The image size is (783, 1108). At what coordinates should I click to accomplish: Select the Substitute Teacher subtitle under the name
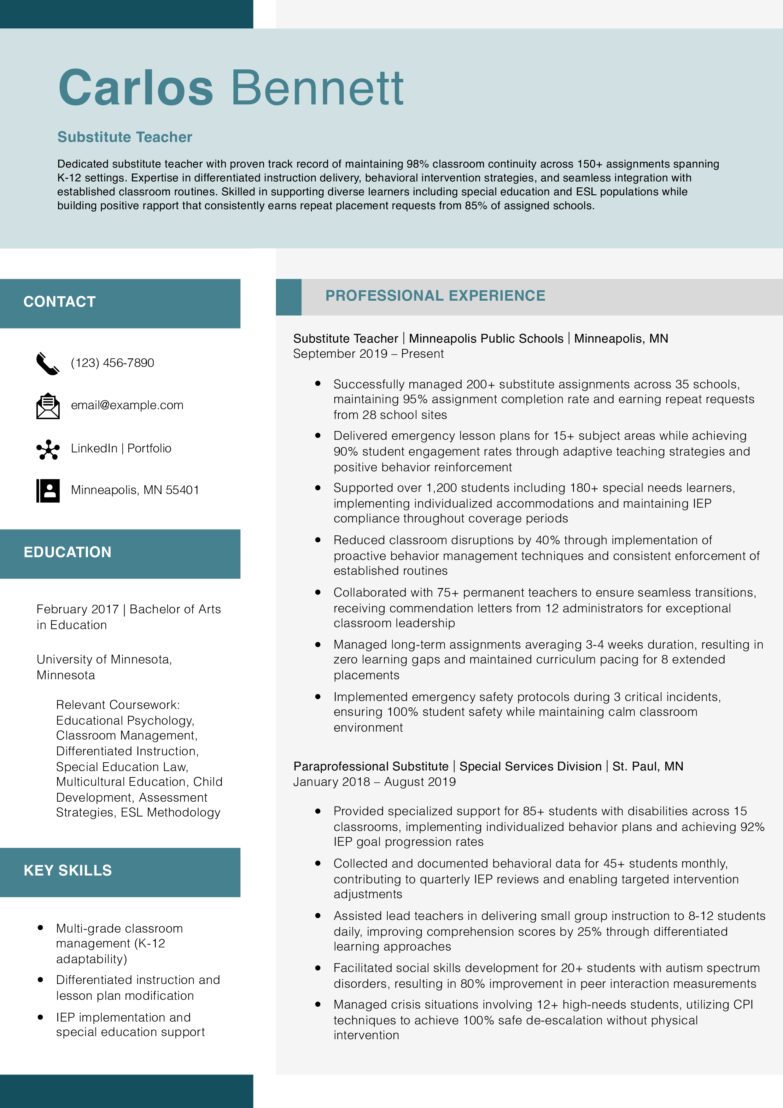pyautogui.click(x=125, y=137)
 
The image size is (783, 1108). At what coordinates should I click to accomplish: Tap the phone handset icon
pyautogui.click(x=48, y=363)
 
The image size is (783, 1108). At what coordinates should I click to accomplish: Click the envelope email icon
pyautogui.click(x=48, y=406)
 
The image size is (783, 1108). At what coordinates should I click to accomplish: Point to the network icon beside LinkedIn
pyautogui.click(x=48, y=449)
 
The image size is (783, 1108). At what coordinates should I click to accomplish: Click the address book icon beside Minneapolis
pyautogui.click(x=48, y=490)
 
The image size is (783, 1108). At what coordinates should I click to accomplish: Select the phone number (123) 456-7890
pyautogui.click(x=112, y=363)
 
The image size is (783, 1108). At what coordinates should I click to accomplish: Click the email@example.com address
pyautogui.click(x=127, y=405)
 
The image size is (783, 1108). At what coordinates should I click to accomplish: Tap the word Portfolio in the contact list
pyautogui.click(x=149, y=448)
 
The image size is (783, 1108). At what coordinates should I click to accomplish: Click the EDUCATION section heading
pyautogui.click(x=67, y=552)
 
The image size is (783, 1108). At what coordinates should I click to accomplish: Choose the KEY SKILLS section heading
pyautogui.click(x=67, y=870)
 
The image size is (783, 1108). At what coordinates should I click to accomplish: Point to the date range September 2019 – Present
pyautogui.click(x=368, y=354)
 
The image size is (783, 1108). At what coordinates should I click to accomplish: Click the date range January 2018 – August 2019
pyautogui.click(x=374, y=782)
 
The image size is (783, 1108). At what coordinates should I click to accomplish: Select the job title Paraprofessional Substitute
pyautogui.click(x=371, y=766)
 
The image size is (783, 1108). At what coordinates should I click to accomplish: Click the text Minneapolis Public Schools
pyautogui.click(x=486, y=339)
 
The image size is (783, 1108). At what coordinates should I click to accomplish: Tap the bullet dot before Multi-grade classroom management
pyautogui.click(x=41, y=928)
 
